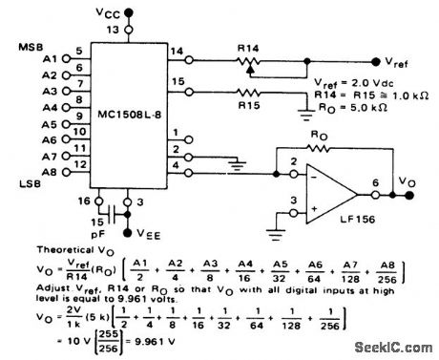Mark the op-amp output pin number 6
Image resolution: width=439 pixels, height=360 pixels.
click(373, 181)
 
